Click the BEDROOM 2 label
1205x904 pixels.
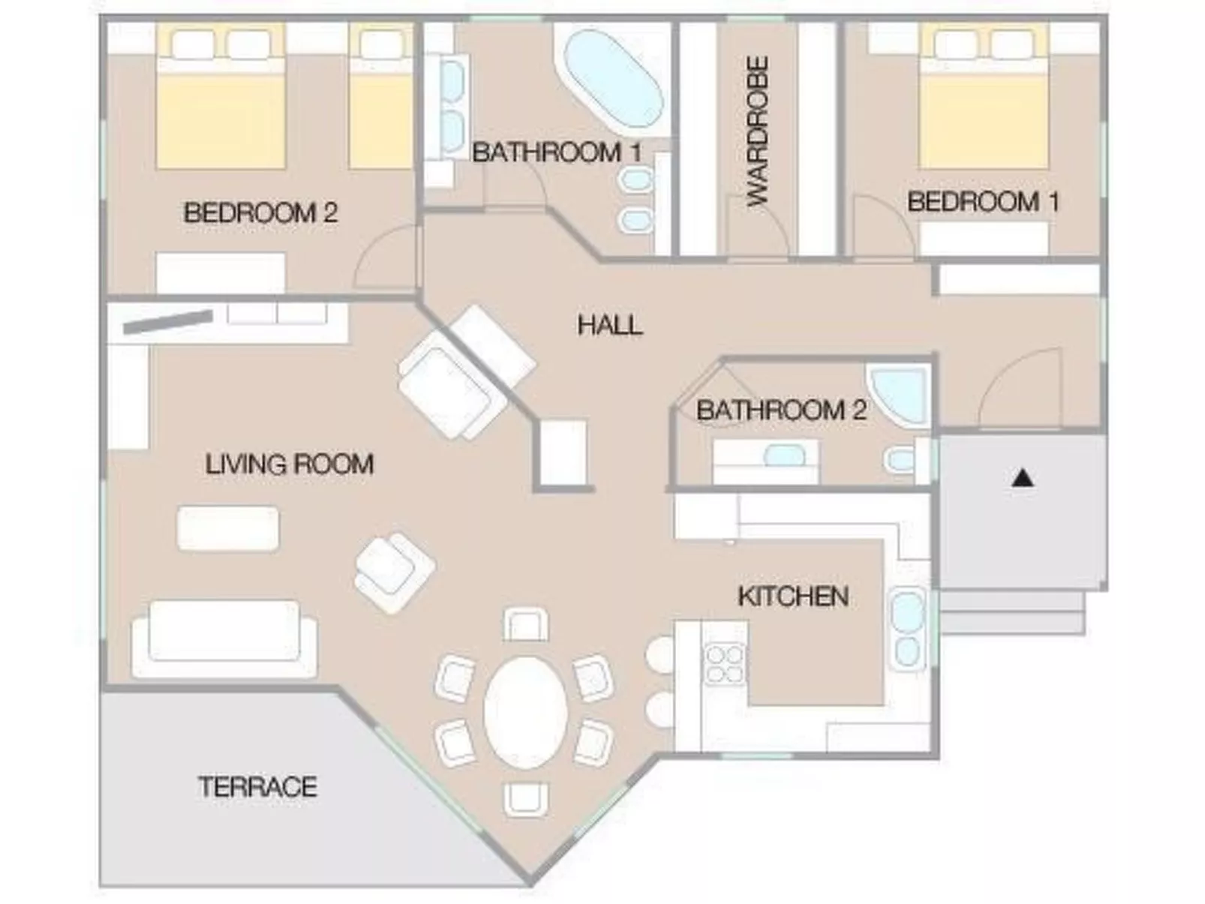pyautogui.click(x=260, y=212)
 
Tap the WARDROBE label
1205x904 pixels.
pyautogui.click(x=758, y=131)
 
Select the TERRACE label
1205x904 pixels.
pyautogui.click(x=257, y=786)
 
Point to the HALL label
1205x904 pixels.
pyautogui.click(x=610, y=325)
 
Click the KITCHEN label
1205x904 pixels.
pyautogui.click(x=793, y=596)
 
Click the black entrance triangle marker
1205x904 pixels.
pyautogui.click(x=1022, y=478)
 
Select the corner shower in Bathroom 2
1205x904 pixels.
pyautogui.click(x=899, y=394)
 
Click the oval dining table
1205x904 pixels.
pyautogui.click(x=525, y=713)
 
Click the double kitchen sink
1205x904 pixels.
pyautogui.click(x=907, y=629)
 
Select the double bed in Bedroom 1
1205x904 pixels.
pyautogui.click(x=984, y=96)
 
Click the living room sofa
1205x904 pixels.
pyautogui.click(x=224, y=639)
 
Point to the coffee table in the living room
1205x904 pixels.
pyautogui.click(x=228, y=529)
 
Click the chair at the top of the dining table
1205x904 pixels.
pyautogui.click(x=525, y=624)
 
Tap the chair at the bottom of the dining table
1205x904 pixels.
pyautogui.click(x=525, y=800)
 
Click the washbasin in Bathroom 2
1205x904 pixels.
pyautogui.click(x=785, y=455)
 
